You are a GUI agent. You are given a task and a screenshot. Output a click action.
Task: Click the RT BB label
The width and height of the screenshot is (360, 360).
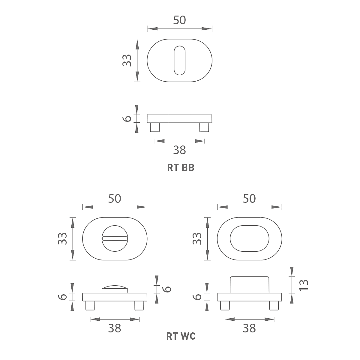click(x=181, y=168)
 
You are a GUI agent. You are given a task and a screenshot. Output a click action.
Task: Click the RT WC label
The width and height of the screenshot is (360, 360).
click(x=181, y=336)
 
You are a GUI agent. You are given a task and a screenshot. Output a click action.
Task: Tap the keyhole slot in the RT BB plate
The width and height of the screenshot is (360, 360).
click(x=179, y=60)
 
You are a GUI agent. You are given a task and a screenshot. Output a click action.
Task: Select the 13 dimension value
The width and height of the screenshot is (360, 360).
click(x=304, y=285)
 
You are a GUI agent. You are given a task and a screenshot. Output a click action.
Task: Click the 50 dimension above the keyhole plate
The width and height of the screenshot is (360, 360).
click(x=179, y=20)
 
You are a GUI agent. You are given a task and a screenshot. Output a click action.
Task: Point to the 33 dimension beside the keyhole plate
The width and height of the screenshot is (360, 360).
click(x=127, y=60)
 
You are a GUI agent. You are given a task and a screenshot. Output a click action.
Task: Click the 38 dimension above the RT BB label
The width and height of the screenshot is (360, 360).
click(x=179, y=150)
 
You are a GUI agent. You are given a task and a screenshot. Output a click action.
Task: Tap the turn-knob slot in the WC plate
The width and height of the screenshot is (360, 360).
click(x=115, y=238)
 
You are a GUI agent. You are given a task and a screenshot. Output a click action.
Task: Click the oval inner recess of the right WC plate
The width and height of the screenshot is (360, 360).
click(x=249, y=238)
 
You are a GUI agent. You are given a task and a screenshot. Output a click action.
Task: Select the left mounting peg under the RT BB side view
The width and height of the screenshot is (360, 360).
click(x=155, y=127)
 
